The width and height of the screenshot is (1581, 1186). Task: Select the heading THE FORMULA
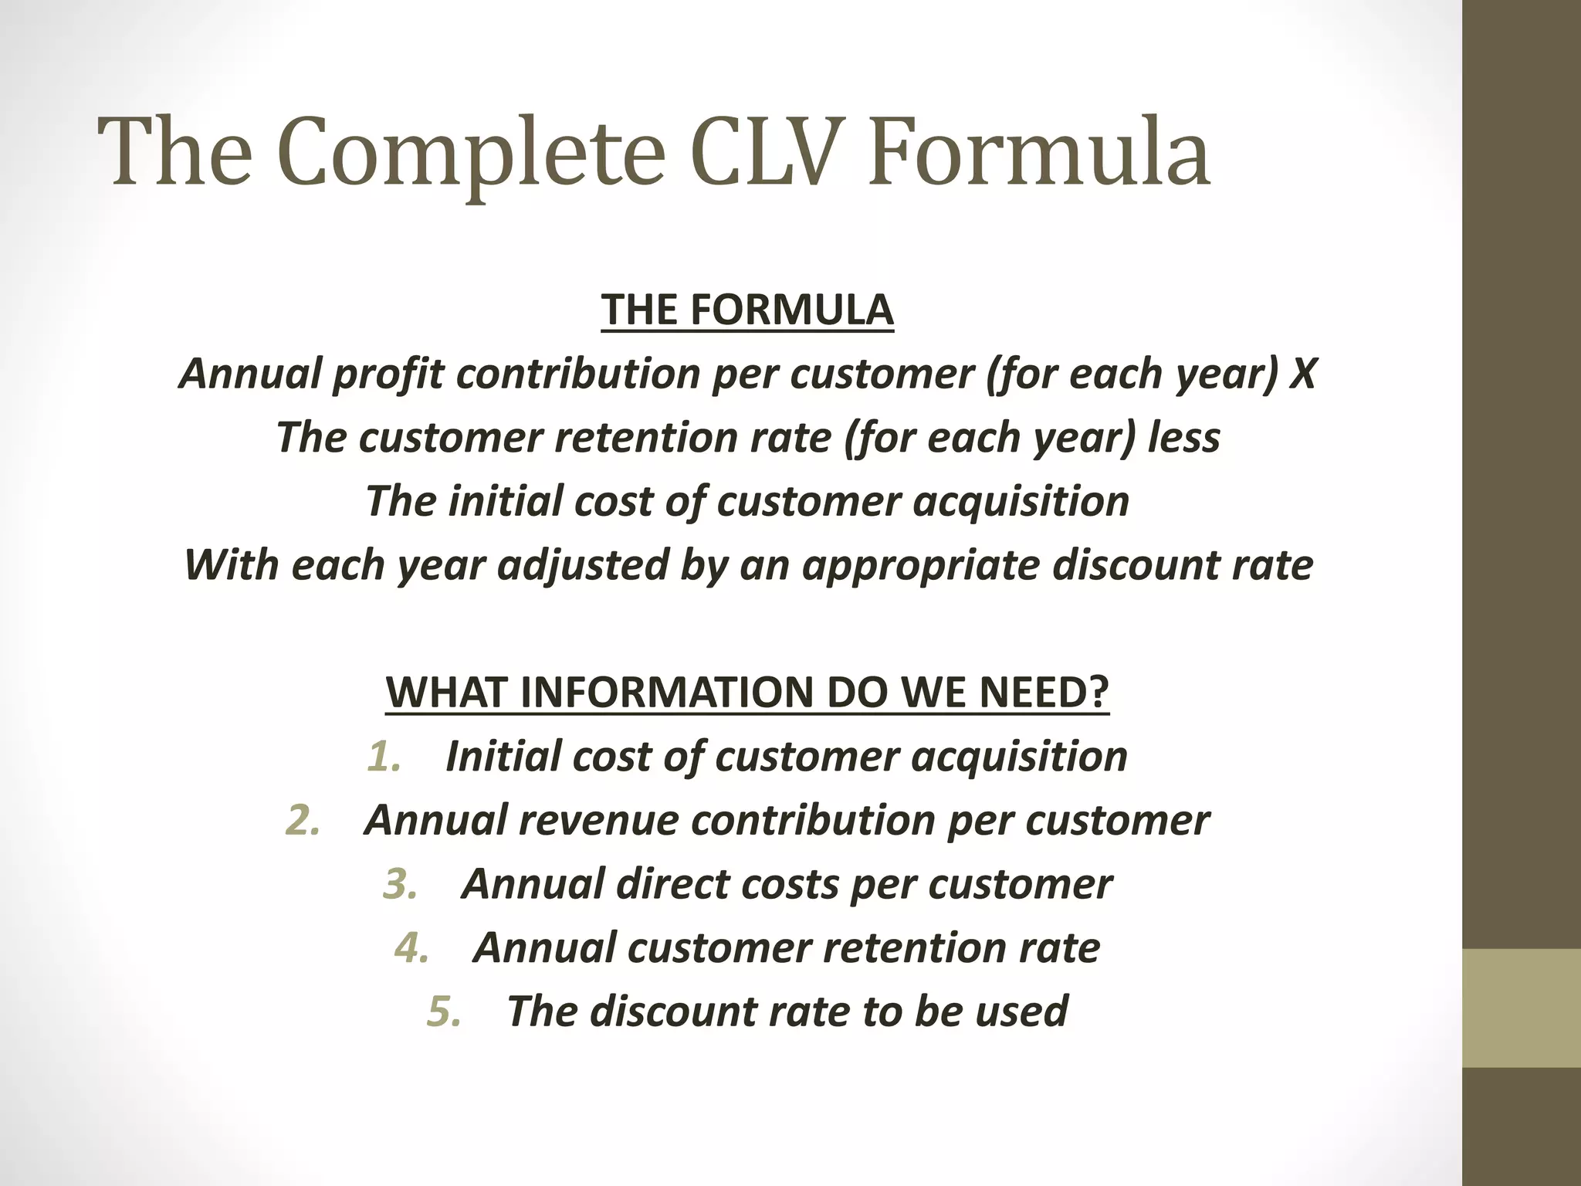click(747, 310)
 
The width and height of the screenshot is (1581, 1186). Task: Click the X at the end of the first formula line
click(1304, 374)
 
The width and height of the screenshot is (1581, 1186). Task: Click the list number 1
click(384, 757)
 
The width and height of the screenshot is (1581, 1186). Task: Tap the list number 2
click(303, 820)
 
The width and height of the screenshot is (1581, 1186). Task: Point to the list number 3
click(400, 884)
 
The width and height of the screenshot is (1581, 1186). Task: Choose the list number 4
click(411, 948)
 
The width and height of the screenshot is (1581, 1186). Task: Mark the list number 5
click(444, 1011)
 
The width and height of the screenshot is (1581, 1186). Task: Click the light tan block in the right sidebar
click(1522, 1008)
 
